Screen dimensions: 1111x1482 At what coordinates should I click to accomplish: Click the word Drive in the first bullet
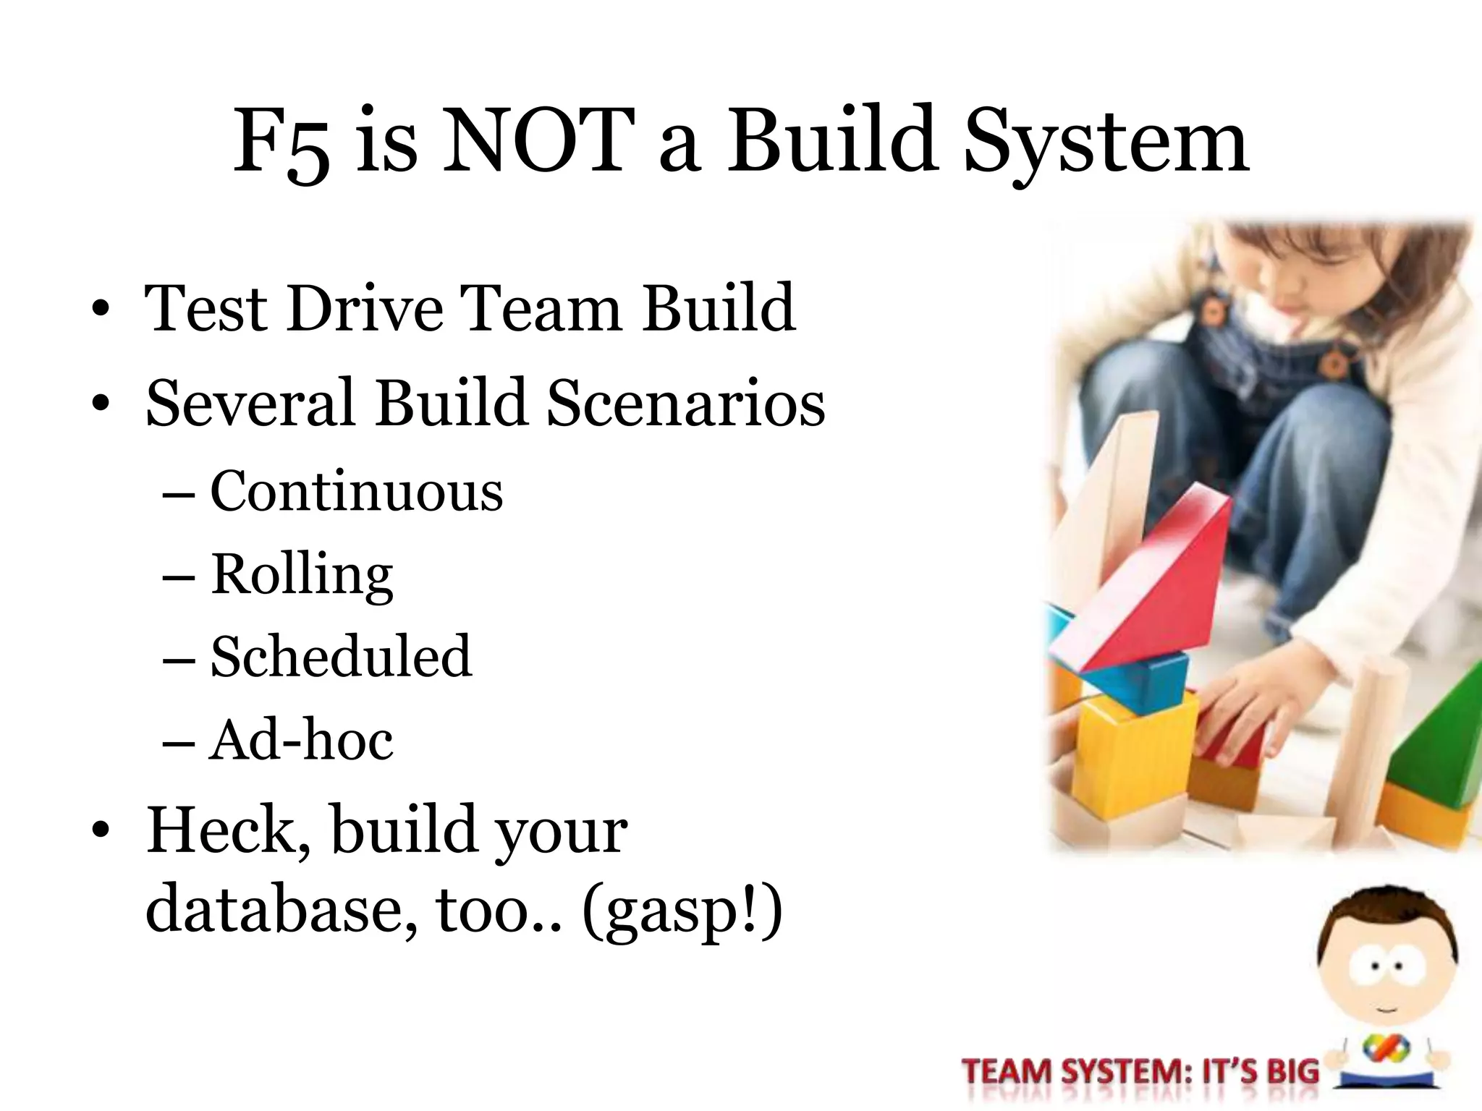[x=365, y=309]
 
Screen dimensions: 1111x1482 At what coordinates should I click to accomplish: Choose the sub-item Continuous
[x=356, y=492]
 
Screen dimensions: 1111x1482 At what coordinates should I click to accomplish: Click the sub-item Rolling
[x=302, y=575]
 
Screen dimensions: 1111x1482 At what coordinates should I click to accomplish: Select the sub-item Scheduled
[x=341, y=657]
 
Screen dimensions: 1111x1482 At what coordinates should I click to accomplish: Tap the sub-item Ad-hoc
[x=301, y=740]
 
